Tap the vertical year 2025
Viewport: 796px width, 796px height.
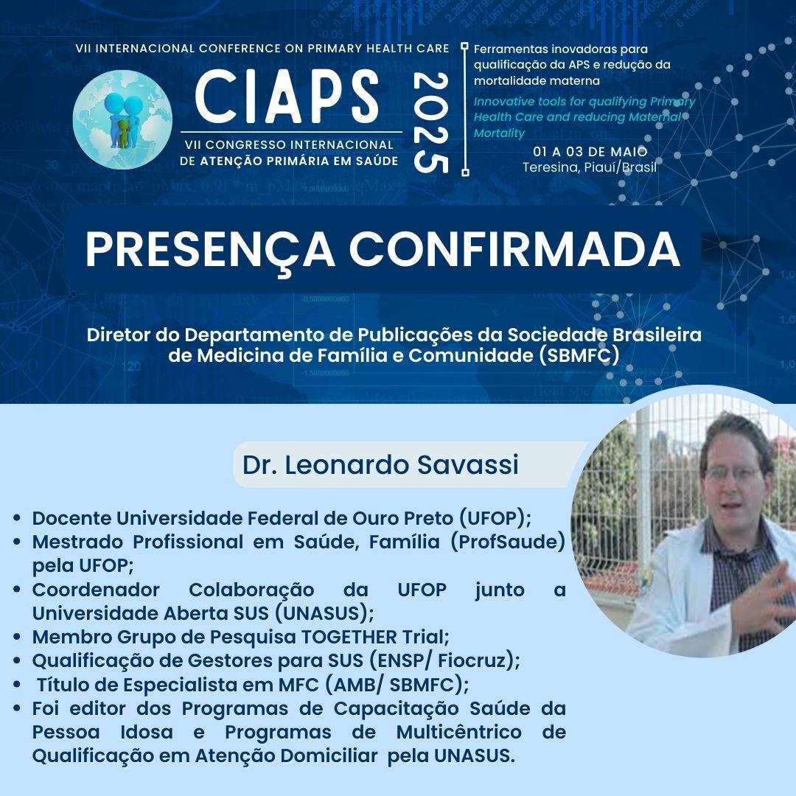pos(431,122)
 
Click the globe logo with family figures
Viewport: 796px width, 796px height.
pos(122,119)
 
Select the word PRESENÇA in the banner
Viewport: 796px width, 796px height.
pos(209,249)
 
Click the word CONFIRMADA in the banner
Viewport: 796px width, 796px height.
pos(514,249)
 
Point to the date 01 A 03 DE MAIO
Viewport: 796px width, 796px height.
pos(590,151)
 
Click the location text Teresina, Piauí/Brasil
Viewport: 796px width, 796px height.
pos(590,167)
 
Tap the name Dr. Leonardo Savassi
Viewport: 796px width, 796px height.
pos(380,464)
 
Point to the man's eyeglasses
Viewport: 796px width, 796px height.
pos(735,474)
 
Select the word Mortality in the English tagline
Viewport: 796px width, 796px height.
pos(499,133)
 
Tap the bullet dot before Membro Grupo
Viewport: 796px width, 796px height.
pos(17,637)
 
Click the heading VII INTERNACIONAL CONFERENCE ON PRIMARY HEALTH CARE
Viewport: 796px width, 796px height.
pos(262,48)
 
